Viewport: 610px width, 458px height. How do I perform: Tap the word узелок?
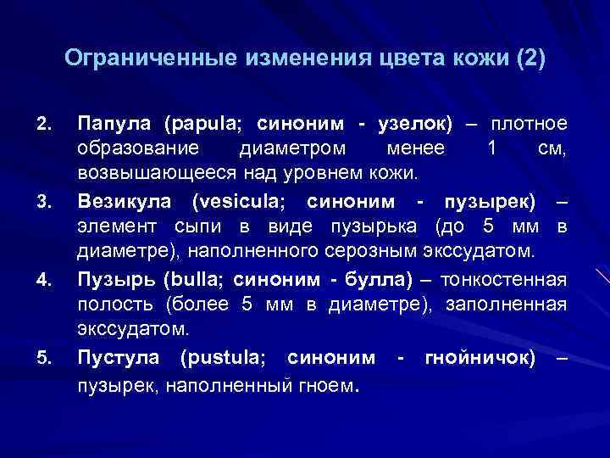point(408,125)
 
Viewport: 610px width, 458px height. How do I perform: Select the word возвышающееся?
point(145,176)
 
